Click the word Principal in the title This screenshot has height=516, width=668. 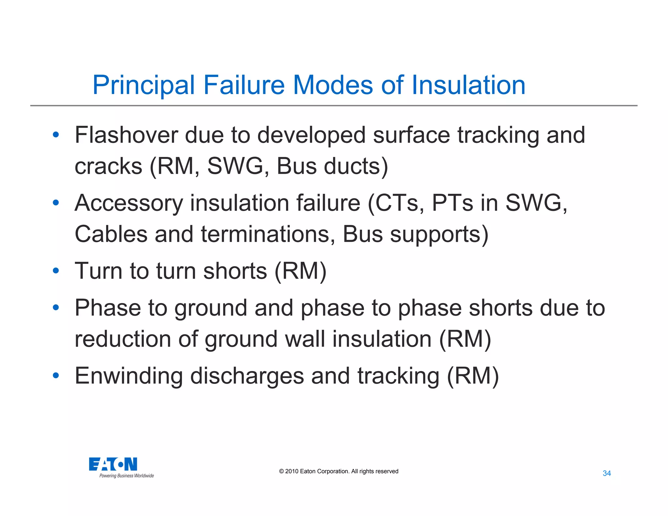tap(144, 85)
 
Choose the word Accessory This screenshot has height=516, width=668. tap(129, 204)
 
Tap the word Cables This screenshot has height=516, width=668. tap(111, 234)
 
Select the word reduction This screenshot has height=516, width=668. tap(123, 339)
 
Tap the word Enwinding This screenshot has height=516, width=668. tap(129, 376)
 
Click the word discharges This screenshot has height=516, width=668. tap(247, 376)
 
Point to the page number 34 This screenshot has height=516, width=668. tap(607, 473)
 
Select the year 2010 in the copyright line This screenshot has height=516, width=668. tap(292, 471)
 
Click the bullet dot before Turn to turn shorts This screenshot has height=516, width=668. tap(56, 270)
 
